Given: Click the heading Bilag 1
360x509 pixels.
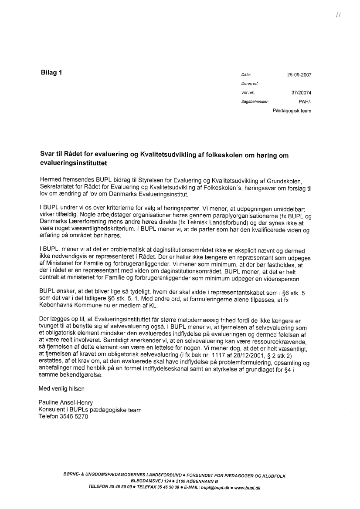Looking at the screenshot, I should [51, 73].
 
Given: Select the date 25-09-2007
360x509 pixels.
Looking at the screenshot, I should [299, 75].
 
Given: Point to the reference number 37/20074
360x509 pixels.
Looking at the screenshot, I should [302, 93].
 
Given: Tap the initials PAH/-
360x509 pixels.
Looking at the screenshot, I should [305, 101].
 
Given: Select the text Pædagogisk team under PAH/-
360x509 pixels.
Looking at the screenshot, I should [292, 111].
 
